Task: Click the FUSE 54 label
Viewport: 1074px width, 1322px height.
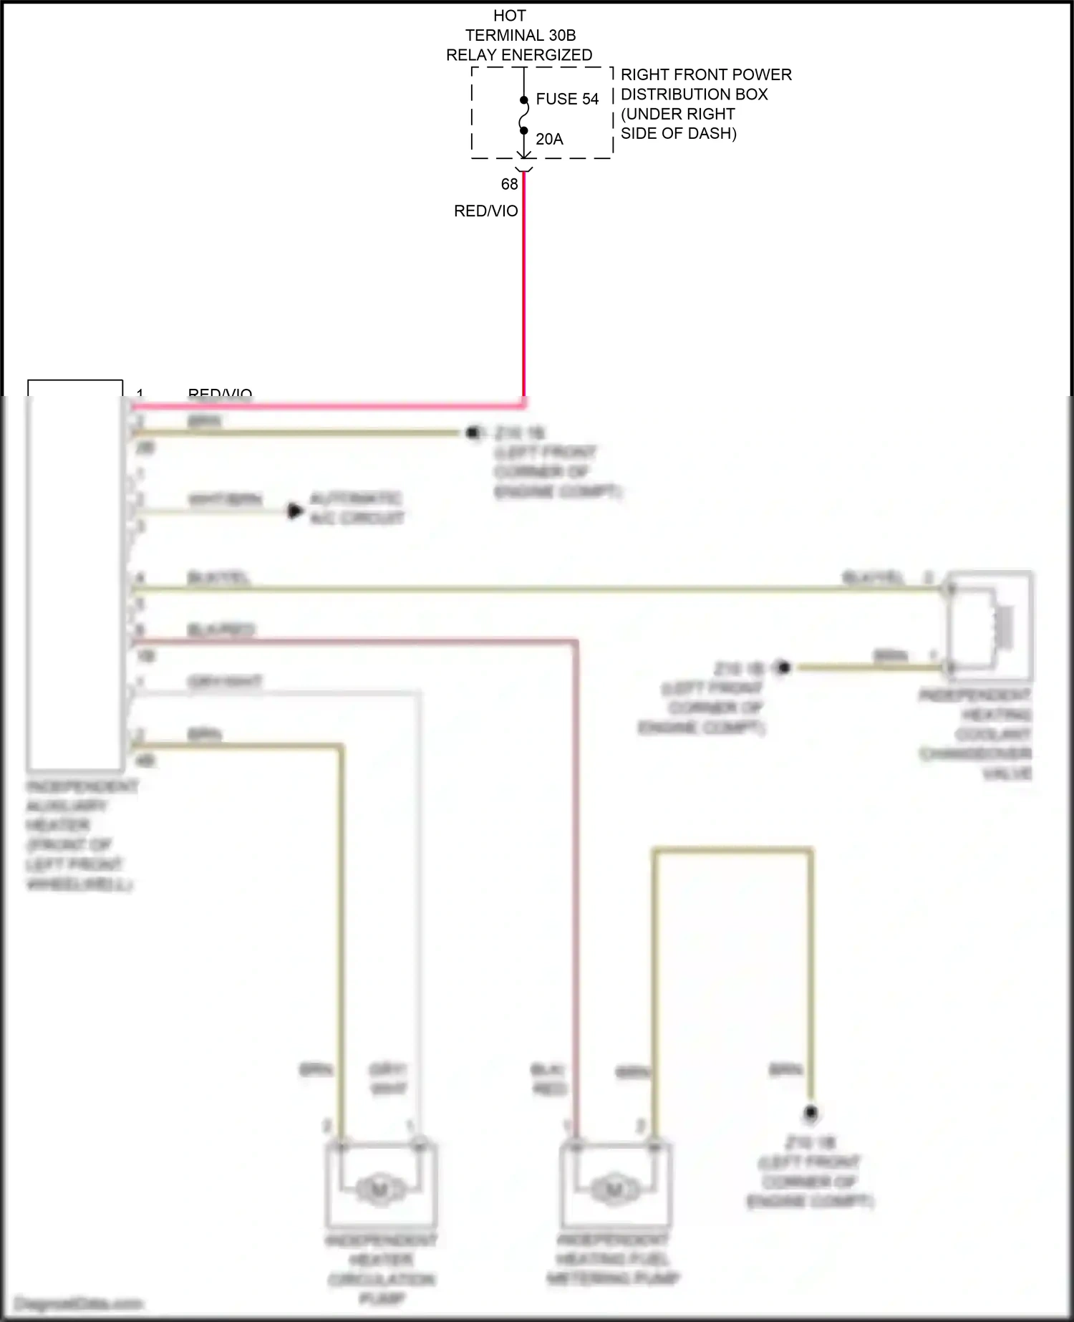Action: pos(566,100)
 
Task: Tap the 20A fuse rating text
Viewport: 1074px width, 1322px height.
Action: pos(549,140)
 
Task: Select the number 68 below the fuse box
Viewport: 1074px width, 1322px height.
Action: pos(509,185)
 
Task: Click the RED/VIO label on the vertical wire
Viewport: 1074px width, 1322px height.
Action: pos(485,211)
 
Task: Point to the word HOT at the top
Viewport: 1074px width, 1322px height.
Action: pos(509,16)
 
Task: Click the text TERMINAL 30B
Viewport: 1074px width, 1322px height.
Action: pos(521,35)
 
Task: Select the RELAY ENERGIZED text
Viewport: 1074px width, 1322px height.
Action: pos(519,55)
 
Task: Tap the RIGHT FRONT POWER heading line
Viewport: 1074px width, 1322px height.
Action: pos(705,74)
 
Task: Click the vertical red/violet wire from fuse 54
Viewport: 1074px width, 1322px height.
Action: pos(524,301)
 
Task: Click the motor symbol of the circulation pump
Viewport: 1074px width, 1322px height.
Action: pos(379,1189)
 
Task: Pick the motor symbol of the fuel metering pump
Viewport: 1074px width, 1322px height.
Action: pos(614,1189)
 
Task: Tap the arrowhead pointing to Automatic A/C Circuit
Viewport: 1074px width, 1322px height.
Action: pos(294,511)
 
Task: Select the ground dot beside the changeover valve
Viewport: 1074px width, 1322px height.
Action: pos(783,667)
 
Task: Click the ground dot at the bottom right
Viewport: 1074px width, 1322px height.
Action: pos(811,1113)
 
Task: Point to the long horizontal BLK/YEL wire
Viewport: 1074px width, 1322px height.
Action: pos(537,589)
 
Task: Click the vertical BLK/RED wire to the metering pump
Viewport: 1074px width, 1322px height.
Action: pos(576,895)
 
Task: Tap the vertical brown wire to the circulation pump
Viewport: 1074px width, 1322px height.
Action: pos(341,931)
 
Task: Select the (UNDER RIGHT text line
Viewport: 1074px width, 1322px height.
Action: pos(677,114)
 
